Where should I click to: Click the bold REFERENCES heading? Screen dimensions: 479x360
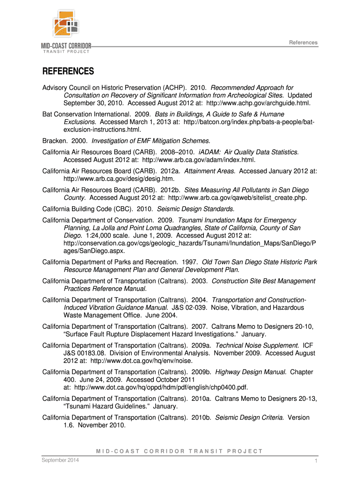(x=68, y=72)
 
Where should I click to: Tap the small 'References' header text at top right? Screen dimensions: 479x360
(x=303, y=43)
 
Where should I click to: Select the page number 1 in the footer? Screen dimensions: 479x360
(x=317, y=462)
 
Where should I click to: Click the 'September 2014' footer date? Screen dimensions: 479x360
(x=60, y=461)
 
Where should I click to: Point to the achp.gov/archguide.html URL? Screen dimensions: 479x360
(x=258, y=103)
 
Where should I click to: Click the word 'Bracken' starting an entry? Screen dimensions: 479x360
(x=54, y=141)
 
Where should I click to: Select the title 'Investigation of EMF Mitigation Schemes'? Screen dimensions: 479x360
(x=151, y=141)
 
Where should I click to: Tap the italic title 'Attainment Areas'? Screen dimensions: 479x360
(x=210, y=171)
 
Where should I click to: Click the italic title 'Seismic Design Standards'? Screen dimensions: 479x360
(x=196, y=209)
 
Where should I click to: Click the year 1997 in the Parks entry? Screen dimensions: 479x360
(x=188, y=262)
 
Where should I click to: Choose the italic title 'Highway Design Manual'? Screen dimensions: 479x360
(x=251, y=372)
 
